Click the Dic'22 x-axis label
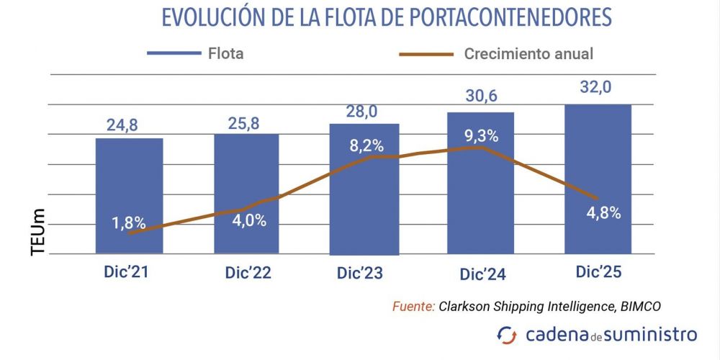click(x=246, y=273)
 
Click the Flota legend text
click(x=225, y=54)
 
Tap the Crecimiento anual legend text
click(x=528, y=54)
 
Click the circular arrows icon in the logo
click(x=507, y=335)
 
